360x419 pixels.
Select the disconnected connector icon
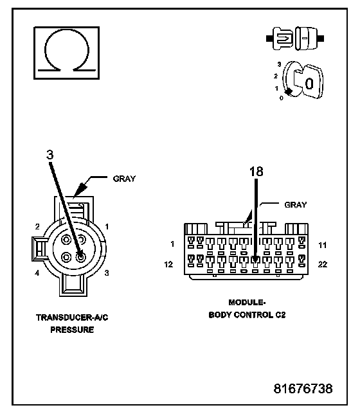point(295,39)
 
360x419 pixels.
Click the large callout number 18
point(256,172)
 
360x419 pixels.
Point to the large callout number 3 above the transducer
point(50,155)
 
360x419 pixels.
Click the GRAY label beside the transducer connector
point(124,179)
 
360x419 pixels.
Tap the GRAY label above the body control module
point(296,205)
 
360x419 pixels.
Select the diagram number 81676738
point(303,389)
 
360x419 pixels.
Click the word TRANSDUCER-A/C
point(72,317)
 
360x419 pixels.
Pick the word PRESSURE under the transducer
point(72,330)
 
